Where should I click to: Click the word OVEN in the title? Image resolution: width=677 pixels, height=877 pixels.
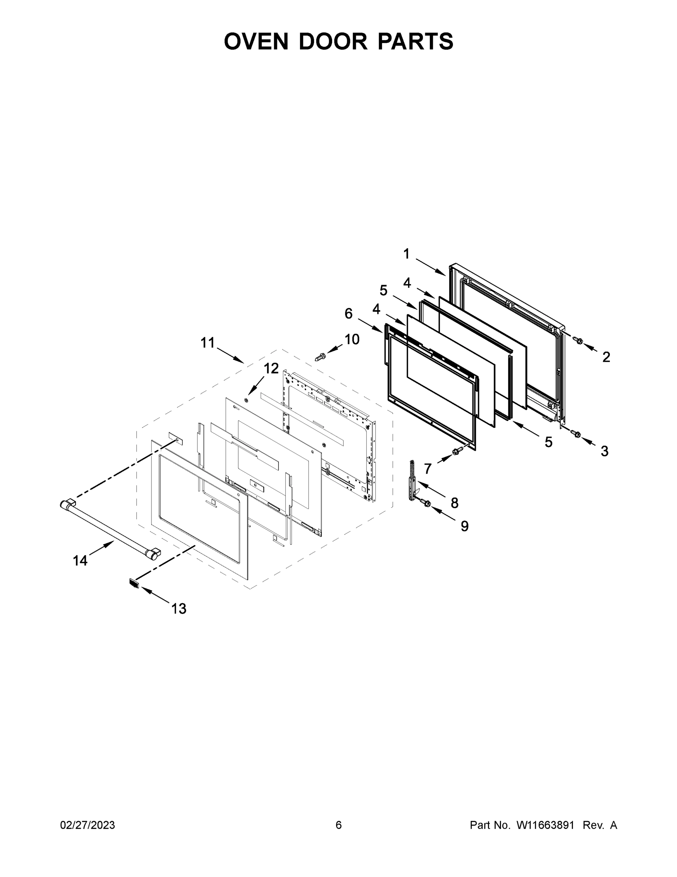[x=256, y=41]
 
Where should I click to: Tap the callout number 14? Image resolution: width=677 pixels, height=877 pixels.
[x=80, y=560]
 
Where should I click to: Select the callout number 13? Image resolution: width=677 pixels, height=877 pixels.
[x=179, y=609]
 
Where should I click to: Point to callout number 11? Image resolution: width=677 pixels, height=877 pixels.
[x=208, y=342]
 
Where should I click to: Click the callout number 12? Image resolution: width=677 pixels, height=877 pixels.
[x=271, y=368]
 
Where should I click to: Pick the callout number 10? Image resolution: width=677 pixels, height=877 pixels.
[x=352, y=339]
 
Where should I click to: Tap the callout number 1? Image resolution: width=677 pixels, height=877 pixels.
[x=406, y=254]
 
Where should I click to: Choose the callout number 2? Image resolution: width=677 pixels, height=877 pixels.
[x=606, y=357]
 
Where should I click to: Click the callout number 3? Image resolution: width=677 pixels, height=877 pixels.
[x=604, y=451]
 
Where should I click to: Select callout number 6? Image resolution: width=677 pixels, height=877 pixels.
[x=349, y=313]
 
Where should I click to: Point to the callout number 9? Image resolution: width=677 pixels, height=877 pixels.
[x=465, y=525]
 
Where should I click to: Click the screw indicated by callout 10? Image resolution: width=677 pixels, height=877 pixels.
[x=320, y=356]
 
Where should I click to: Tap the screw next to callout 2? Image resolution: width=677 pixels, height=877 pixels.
[x=578, y=341]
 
